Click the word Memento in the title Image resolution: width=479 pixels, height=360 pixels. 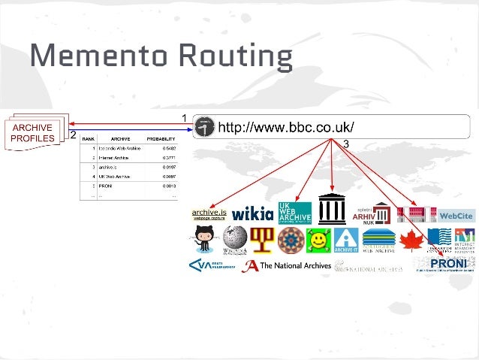point(84,56)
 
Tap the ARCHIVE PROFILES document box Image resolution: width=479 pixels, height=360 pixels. point(32,134)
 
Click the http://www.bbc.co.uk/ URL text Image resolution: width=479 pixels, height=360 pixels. point(286,126)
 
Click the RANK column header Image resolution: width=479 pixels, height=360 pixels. point(88,139)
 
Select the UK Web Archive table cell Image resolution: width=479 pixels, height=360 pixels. point(117,176)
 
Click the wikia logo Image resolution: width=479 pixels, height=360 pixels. point(252,214)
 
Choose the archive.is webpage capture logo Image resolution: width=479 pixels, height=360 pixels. point(209,215)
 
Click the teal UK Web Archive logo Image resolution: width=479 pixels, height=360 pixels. point(294,213)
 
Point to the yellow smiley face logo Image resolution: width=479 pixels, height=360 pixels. point(318,240)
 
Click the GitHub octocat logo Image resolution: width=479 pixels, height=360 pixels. point(204,240)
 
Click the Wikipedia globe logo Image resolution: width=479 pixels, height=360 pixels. point(235,240)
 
